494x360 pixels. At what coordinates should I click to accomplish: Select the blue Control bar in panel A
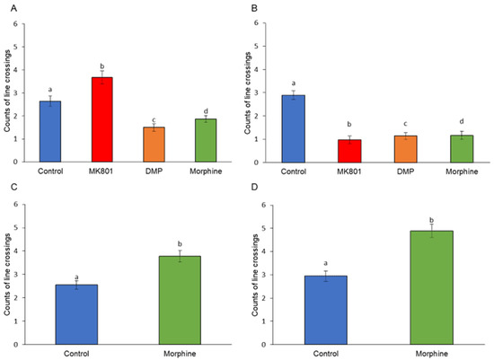50,131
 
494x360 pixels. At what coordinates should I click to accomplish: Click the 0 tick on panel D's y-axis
273,344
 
